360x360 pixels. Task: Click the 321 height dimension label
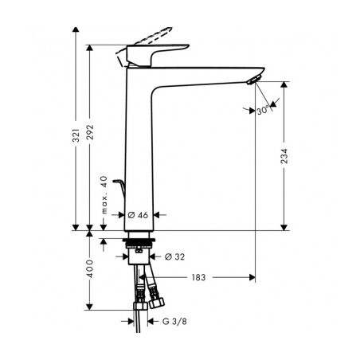(x=76, y=135)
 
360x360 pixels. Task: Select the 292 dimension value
(x=90, y=132)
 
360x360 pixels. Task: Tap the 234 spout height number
(x=284, y=156)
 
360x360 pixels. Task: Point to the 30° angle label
(x=264, y=110)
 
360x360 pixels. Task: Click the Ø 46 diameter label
(x=138, y=215)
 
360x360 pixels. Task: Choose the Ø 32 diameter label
(x=174, y=256)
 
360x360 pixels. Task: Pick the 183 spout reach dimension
(x=198, y=277)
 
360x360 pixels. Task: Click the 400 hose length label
(x=90, y=268)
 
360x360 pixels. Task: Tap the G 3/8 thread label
(x=174, y=321)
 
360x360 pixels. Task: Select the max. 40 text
(x=104, y=194)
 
